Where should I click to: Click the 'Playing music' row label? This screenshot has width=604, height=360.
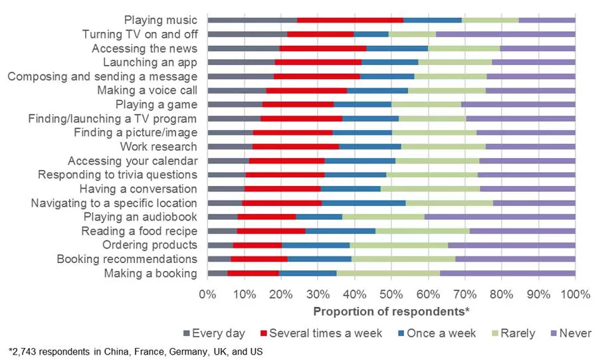161,20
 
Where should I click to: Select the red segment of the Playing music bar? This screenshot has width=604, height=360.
350,20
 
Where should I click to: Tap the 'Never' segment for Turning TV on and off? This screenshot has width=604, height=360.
505,34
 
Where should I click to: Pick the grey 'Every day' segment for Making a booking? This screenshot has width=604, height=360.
217,274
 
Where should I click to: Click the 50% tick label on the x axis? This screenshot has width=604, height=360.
391,294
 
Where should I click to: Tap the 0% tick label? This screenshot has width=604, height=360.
208,294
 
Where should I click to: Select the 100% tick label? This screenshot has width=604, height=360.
575,294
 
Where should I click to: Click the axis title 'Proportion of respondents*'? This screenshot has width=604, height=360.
391,311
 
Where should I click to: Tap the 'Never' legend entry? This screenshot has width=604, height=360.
569,333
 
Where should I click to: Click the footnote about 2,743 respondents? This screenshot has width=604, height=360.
136,351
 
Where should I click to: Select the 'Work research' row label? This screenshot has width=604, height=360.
158,147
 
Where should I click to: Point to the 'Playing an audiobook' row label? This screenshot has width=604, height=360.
140,217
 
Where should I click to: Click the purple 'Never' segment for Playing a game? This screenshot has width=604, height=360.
518,104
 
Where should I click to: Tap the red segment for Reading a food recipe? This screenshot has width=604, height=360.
270,231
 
